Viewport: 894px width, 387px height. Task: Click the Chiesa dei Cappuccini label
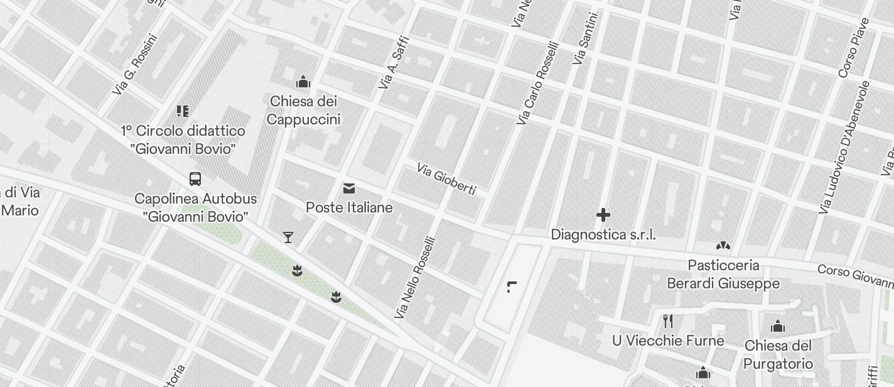click(304, 111)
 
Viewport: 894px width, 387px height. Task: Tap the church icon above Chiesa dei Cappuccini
click(304, 82)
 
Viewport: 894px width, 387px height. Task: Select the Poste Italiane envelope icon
click(349, 188)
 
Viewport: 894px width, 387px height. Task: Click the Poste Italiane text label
click(349, 207)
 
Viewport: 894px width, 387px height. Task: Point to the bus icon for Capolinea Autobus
click(195, 179)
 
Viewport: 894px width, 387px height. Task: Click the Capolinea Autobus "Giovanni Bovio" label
click(195, 208)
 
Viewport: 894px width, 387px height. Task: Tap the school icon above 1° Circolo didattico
click(183, 111)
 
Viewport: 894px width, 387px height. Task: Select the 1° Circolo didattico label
click(183, 140)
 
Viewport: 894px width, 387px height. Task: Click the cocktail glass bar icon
click(288, 237)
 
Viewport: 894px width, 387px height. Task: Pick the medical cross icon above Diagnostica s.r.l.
click(603, 215)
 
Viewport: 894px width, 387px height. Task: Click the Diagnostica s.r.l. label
click(603, 235)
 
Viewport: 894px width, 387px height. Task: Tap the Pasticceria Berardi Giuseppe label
click(723, 275)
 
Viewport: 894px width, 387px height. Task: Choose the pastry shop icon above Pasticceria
click(723, 246)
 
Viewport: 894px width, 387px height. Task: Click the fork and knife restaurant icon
click(668, 321)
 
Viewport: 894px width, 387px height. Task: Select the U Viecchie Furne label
click(668, 341)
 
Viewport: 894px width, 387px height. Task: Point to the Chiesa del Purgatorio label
click(778, 355)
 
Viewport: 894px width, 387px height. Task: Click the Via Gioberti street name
click(446, 179)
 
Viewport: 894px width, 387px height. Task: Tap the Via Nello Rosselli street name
click(415, 277)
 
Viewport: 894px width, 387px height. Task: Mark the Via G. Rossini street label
click(135, 65)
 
